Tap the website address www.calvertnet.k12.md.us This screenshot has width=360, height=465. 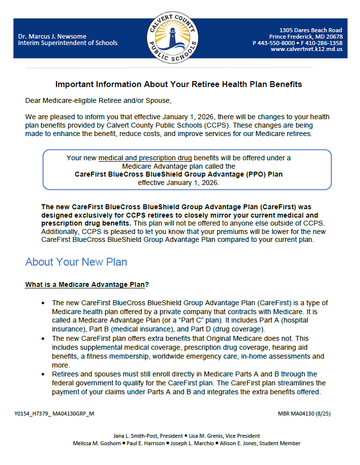[307, 49]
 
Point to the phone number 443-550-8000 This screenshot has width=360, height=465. [279, 43]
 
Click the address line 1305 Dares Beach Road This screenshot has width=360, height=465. [310, 30]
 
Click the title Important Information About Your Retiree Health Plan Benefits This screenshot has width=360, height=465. [178, 85]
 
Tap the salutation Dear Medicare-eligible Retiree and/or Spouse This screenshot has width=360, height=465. [98, 101]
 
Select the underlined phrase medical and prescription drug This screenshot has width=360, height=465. [145, 158]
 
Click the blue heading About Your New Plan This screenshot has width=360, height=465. [76, 262]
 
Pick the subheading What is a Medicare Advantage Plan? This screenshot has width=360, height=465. [87, 285]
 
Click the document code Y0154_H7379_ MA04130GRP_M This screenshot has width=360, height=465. [54, 413]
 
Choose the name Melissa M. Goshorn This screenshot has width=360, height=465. [96, 443]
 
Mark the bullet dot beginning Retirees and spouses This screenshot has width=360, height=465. [45, 374]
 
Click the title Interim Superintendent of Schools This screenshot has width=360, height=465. [68, 43]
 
